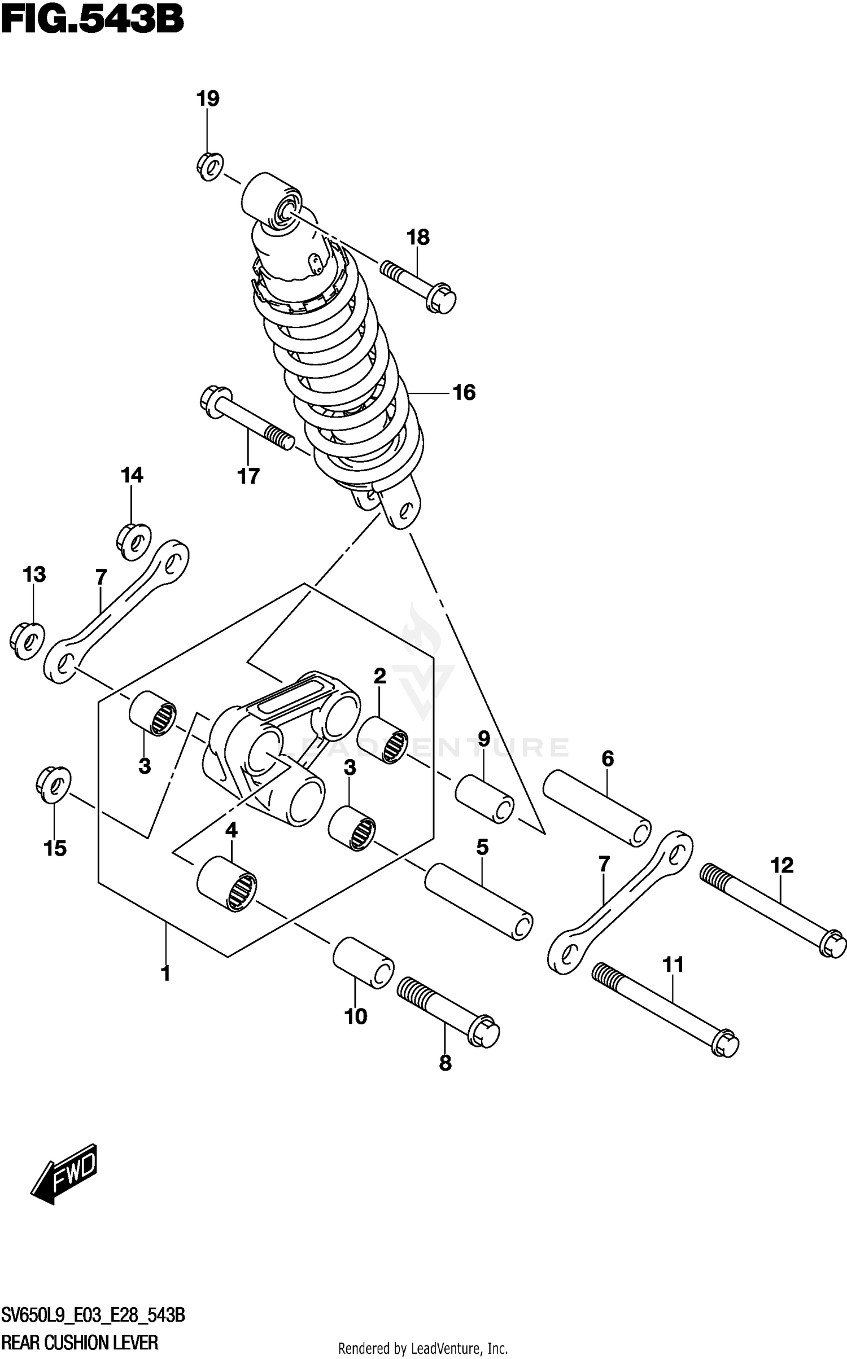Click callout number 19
click(x=208, y=99)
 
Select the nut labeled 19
click(x=210, y=166)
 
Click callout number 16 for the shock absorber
click(x=464, y=392)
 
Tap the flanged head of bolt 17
click(x=215, y=401)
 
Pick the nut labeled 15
click(x=53, y=784)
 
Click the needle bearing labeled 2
click(x=382, y=740)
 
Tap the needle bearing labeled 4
click(x=226, y=883)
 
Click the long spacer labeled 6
click(x=597, y=808)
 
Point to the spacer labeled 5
click(x=479, y=902)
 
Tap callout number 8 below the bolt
click(x=445, y=1063)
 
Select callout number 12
click(x=781, y=865)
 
